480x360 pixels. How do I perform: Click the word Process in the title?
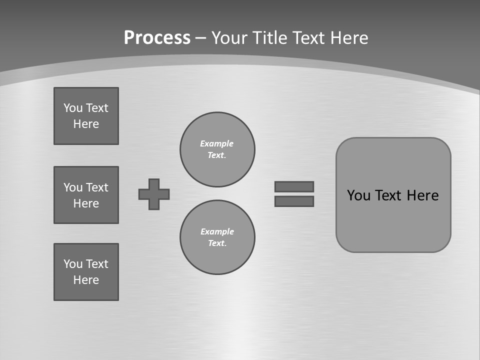[157, 38]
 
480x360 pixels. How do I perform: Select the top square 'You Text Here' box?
[86, 116]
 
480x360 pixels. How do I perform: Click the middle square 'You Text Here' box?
[86, 195]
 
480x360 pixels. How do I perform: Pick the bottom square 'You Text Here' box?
[86, 272]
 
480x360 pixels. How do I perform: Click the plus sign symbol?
[154, 194]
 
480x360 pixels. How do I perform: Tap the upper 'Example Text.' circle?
[217, 149]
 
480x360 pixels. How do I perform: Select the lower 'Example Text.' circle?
[217, 237]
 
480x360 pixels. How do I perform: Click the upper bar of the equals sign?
[294, 186]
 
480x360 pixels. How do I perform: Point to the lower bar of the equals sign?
[294, 201]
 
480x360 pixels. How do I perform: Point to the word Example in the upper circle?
[217, 143]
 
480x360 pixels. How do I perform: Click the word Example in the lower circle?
[217, 231]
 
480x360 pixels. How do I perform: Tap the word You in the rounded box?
[358, 195]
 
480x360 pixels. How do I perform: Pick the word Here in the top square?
[86, 124]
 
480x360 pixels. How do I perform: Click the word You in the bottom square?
[73, 264]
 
